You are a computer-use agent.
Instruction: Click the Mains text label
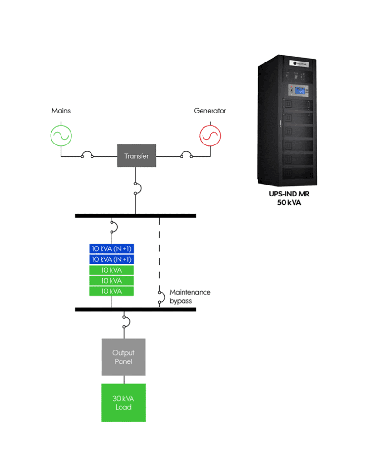click(x=61, y=111)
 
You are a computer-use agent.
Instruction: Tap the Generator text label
click(x=210, y=111)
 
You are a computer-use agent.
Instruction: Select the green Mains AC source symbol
click(x=62, y=135)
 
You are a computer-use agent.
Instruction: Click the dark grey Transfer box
click(x=137, y=156)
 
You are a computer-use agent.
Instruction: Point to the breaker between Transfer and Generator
click(x=186, y=155)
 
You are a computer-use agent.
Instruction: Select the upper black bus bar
click(x=135, y=216)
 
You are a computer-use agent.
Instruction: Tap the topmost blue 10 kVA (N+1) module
click(x=112, y=248)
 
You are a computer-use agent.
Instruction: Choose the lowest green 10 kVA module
click(x=112, y=291)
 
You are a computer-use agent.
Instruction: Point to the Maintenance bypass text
click(x=190, y=296)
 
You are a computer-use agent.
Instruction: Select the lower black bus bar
click(x=135, y=309)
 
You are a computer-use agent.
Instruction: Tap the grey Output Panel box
click(x=123, y=357)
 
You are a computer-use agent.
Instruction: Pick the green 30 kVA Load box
click(x=123, y=402)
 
